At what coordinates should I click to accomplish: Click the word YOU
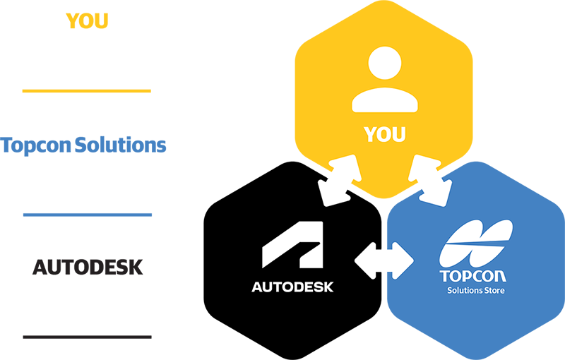[x=385, y=133]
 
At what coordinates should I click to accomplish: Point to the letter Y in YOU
[x=370, y=133]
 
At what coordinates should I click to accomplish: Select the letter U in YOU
[x=400, y=133]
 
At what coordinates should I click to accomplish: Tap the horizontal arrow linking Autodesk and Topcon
[x=384, y=260]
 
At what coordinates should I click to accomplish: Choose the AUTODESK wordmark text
[x=292, y=287]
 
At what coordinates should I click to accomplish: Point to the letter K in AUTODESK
[x=328, y=287]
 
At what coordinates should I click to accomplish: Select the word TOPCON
[x=473, y=276]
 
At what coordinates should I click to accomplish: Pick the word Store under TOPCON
[x=494, y=290]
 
